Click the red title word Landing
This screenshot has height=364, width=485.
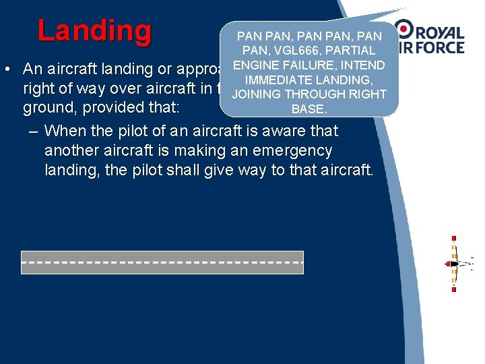[95, 30]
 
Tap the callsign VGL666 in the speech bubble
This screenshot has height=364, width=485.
[287, 51]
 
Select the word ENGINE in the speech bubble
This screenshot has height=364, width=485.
[253, 65]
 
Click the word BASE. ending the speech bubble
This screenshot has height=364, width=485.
[309, 107]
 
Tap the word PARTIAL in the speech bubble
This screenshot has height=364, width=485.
[348, 51]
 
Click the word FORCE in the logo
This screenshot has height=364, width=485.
[438, 47]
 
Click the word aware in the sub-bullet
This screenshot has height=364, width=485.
[284, 131]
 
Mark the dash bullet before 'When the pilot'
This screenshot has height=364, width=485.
[33, 131]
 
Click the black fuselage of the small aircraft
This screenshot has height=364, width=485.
[455, 264]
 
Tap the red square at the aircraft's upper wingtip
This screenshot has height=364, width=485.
[453, 238]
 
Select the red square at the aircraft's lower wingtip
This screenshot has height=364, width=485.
[453, 289]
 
